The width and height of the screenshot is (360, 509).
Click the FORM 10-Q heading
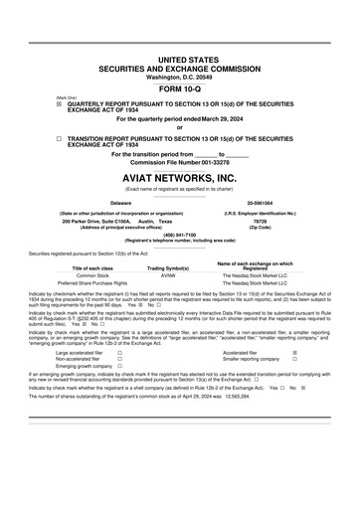click(x=179, y=91)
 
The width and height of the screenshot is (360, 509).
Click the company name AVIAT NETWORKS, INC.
click(x=179, y=177)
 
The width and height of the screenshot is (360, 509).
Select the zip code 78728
click(x=261, y=222)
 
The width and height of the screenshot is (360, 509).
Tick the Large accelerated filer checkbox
click(x=119, y=352)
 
